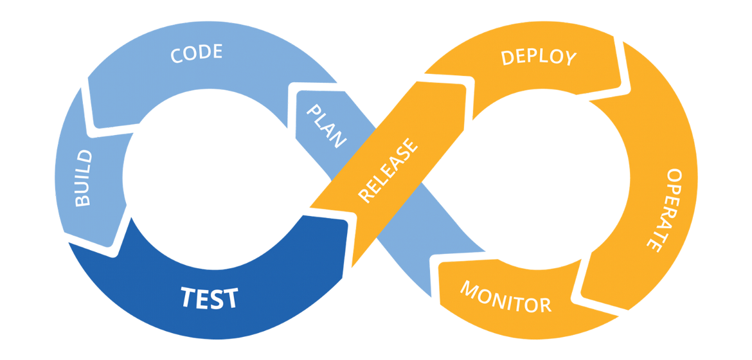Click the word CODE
click(197, 53)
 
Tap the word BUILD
click(84, 178)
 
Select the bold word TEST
click(209, 298)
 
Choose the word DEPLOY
click(539, 57)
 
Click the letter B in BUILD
click(84, 200)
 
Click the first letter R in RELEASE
click(365, 196)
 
